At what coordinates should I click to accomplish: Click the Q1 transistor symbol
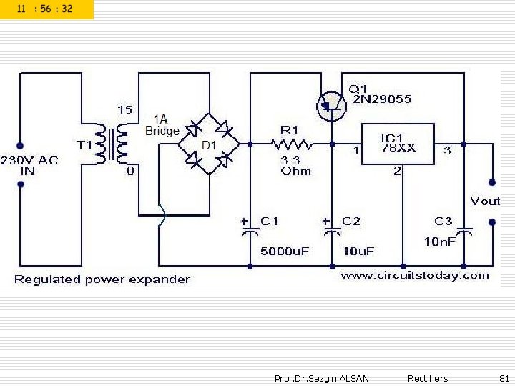(x=330, y=106)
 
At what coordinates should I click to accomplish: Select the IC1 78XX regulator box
(x=398, y=144)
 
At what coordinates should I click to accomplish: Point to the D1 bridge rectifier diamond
(x=209, y=143)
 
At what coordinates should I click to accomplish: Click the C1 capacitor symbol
(x=250, y=230)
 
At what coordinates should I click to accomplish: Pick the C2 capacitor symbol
(x=332, y=230)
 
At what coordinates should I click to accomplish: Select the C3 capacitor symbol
(x=463, y=230)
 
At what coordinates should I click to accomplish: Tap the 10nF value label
(x=439, y=242)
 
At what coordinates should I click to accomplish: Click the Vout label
(x=484, y=201)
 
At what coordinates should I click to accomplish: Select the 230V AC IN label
(x=29, y=164)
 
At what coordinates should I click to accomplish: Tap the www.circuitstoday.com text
(x=414, y=275)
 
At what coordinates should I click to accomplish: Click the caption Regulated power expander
(x=102, y=279)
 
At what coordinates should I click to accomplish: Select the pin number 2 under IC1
(x=398, y=171)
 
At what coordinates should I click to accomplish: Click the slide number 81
(x=504, y=378)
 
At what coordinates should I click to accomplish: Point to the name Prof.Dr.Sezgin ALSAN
(x=321, y=378)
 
